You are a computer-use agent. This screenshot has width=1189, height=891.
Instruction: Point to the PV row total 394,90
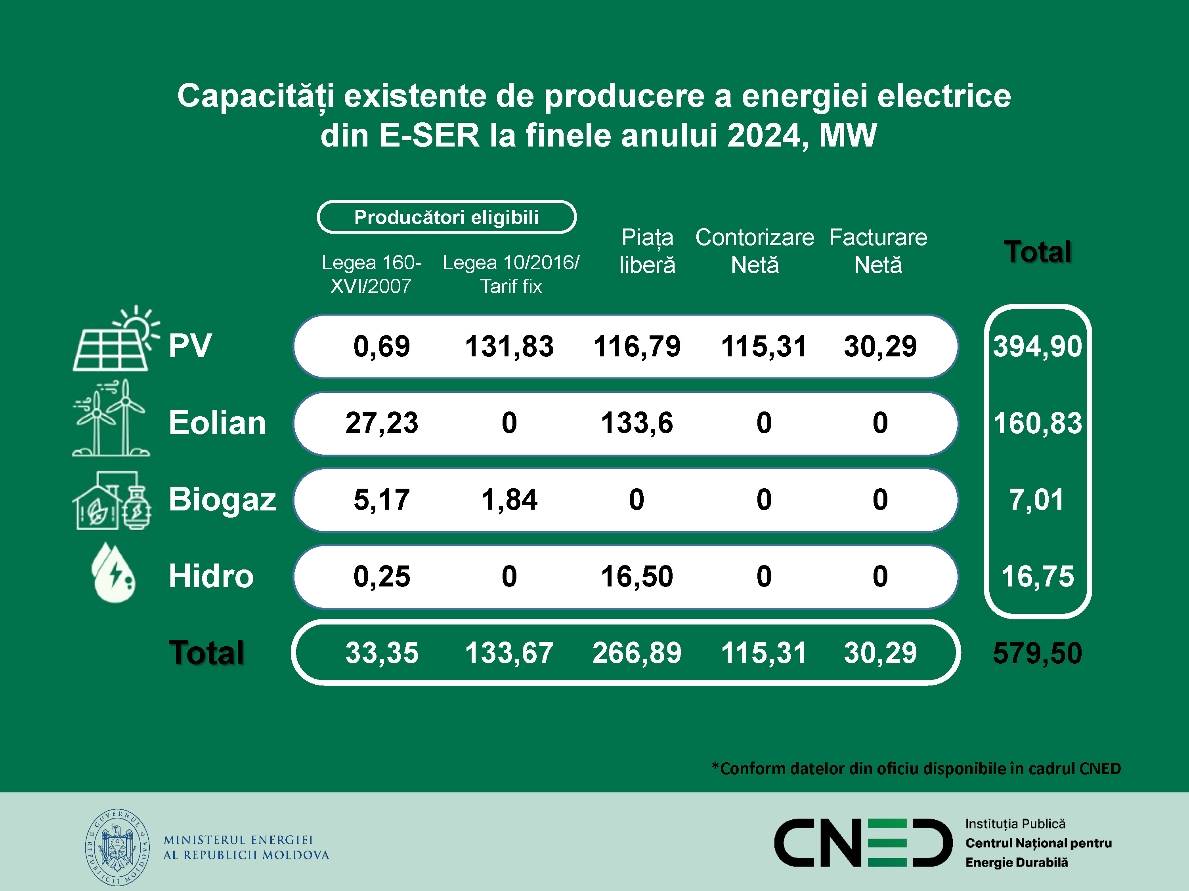(1038, 346)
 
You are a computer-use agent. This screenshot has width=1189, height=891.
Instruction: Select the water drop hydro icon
(113, 573)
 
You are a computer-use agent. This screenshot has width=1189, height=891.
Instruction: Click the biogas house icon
(112, 501)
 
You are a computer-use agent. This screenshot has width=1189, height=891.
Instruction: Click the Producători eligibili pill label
(447, 217)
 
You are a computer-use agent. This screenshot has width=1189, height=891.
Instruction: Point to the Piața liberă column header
(647, 251)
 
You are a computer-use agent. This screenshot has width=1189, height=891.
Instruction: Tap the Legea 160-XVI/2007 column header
(371, 274)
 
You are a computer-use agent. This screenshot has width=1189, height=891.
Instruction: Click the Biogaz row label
(222, 499)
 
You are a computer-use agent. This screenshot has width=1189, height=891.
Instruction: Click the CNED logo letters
(863, 843)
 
